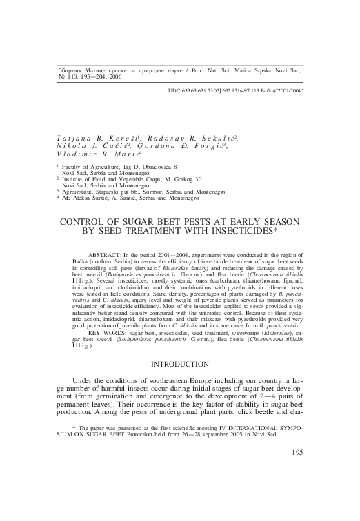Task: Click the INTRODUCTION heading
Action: tap(179, 364)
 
